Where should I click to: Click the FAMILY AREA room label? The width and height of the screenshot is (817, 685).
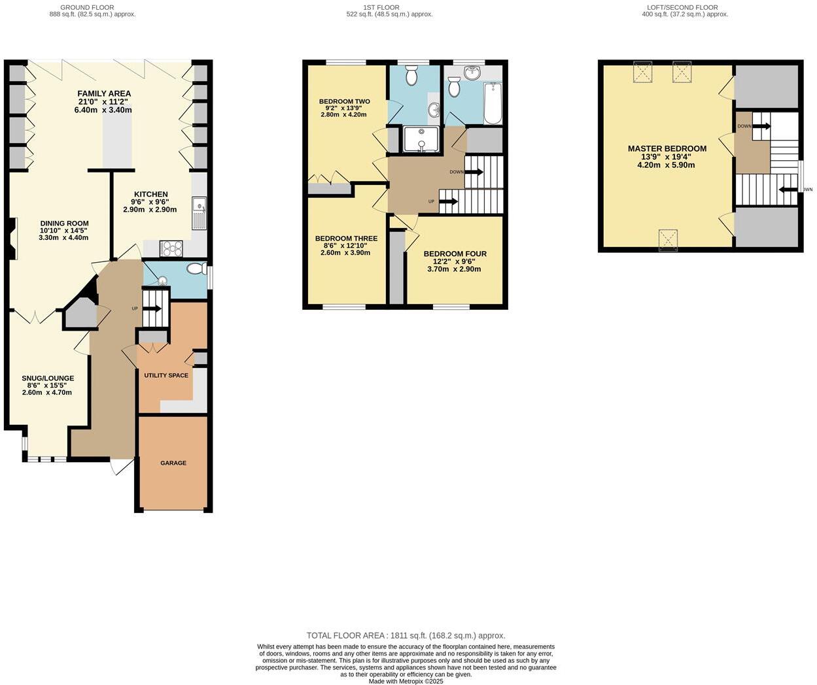[105, 93]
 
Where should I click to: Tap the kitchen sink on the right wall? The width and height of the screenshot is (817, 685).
[199, 213]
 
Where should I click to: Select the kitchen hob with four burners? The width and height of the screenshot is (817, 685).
[171, 248]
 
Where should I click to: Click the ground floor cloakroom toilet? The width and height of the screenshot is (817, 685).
[196, 269]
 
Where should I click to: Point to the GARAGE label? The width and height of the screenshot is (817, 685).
[173, 463]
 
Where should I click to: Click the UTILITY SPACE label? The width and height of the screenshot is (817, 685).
[166, 375]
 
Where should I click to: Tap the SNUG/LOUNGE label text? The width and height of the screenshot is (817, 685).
[48, 378]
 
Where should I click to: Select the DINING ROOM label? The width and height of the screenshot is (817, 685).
[64, 223]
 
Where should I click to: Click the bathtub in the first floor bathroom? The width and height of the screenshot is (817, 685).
[492, 103]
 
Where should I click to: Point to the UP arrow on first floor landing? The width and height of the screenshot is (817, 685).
[448, 202]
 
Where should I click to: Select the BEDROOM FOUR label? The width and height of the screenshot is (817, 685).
[455, 254]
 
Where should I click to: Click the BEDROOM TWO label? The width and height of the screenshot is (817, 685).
[344, 101]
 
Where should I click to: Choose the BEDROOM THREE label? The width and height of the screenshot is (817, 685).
[345, 239]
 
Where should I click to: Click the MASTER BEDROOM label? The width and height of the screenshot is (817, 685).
[667, 148]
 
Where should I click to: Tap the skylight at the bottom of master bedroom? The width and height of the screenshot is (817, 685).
[667, 239]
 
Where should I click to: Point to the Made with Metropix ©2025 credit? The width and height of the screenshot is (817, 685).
[406, 681]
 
